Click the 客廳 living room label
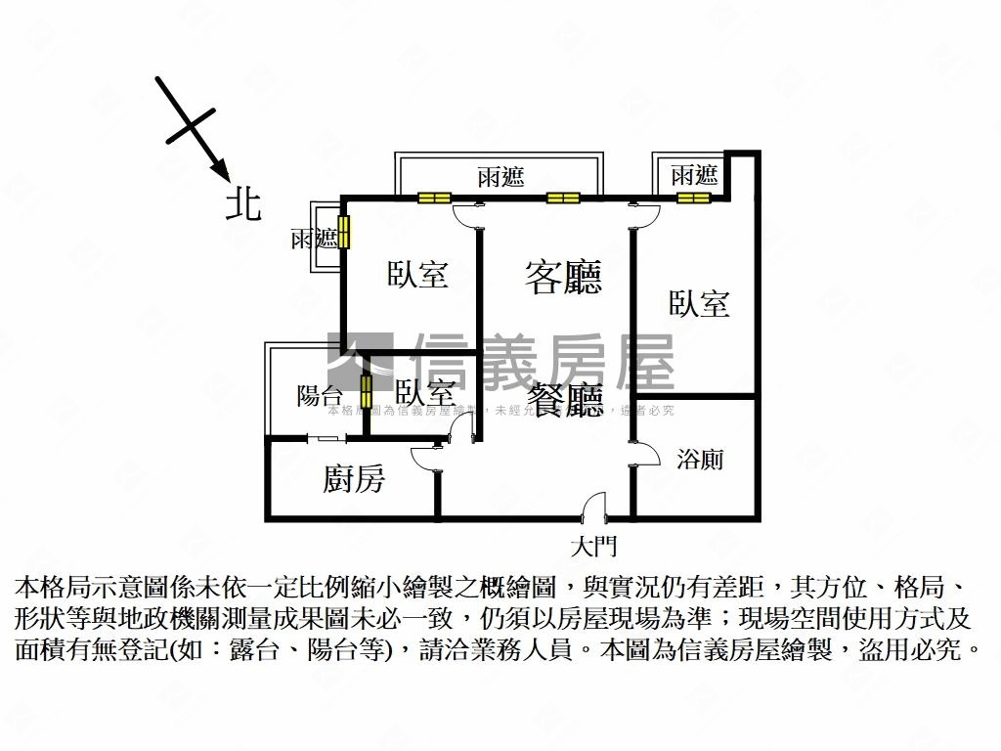click(x=563, y=278)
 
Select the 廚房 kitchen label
click(x=354, y=479)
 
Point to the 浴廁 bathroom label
click(x=700, y=459)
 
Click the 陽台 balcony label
click(x=321, y=396)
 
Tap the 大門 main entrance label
click(x=593, y=547)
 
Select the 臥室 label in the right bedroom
click(x=699, y=303)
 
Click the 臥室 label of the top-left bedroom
click(x=417, y=275)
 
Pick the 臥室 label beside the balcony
click(x=426, y=394)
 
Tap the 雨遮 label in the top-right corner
click(x=694, y=175)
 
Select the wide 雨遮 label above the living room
click(x=500, y=176)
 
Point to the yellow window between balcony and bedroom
click(x=367, y=392)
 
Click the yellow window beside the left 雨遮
click(x=343, y=232)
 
